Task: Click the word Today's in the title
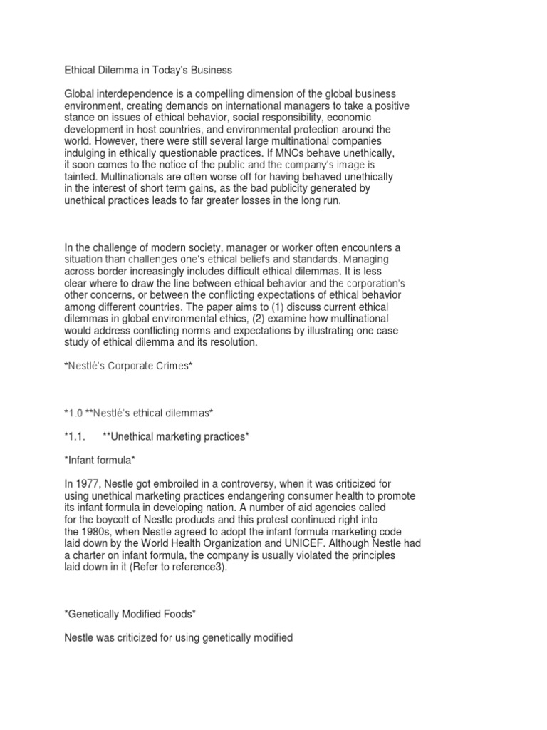(169, 71)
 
